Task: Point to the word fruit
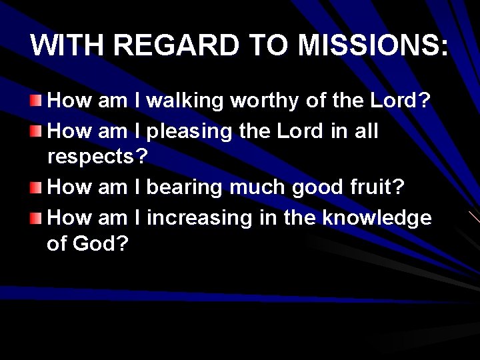(x=372, y=188)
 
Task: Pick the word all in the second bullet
(x=365, y=132)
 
